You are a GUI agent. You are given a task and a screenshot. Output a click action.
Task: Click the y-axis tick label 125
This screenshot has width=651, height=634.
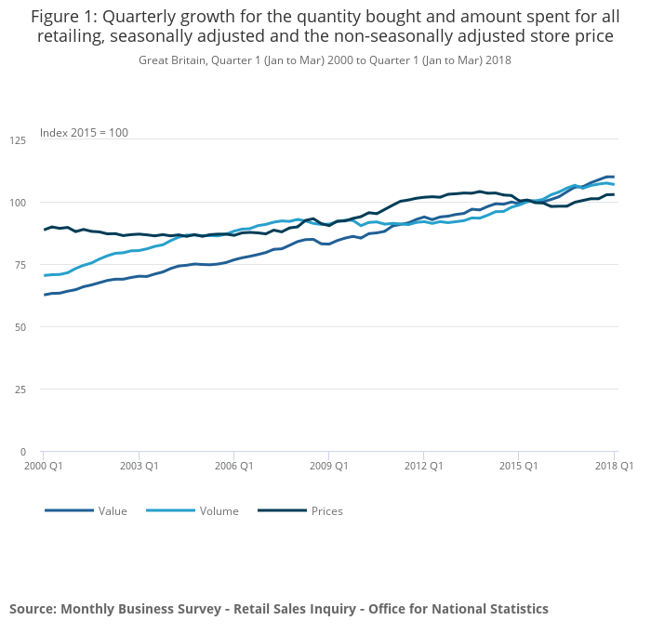coord(19,140)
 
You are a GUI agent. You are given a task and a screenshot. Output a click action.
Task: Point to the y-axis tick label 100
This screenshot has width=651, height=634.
coord(19,203)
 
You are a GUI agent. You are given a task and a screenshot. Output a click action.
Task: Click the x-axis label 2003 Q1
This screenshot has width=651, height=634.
coord(138,465)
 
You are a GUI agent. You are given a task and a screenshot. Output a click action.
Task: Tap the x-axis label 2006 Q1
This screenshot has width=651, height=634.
coord(233,465)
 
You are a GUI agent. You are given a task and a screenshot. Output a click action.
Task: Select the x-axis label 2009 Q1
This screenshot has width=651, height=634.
coord(328,465)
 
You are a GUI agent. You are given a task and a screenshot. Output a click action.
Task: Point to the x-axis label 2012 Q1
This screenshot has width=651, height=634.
coord(423,465)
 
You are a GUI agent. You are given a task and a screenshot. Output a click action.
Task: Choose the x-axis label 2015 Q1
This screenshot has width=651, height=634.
coord(519,465)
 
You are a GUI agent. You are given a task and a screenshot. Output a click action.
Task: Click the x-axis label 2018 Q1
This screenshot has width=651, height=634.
coord(614,465)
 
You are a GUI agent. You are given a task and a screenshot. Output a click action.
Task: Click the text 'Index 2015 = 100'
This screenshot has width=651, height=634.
coord(84,133)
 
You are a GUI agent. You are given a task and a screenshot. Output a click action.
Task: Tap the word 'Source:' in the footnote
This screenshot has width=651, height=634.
coord(33,609)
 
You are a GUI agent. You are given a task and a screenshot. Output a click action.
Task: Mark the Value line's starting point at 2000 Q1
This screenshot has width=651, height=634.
coord(44,295)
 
